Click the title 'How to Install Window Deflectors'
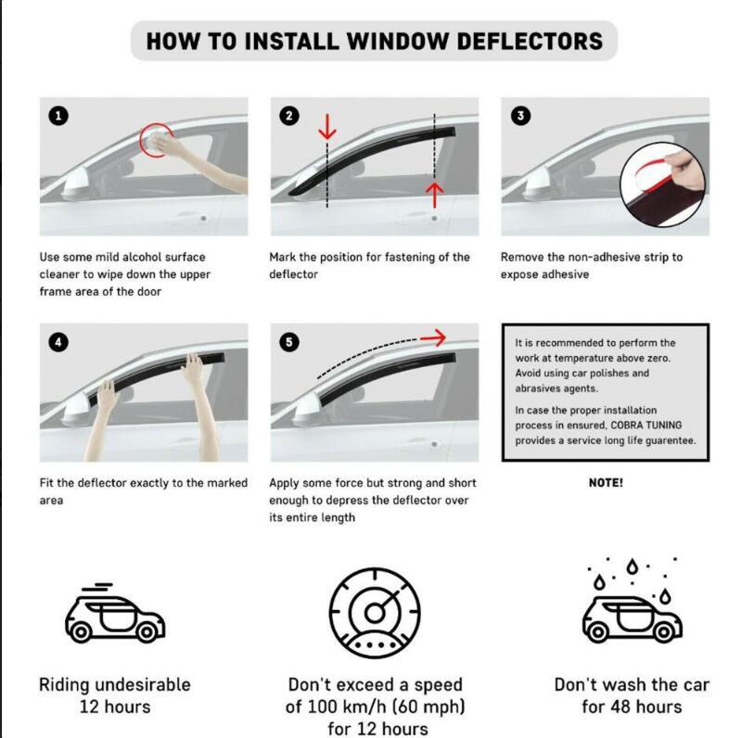(374, 41)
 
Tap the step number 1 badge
(59, 116)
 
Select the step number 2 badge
(290, 116)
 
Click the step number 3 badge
(521, 116)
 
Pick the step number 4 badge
(59, 342)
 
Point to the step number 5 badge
(290, 342)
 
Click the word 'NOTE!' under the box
(606, 483)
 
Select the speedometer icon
(375, 612)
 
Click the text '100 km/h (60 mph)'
(375, 707)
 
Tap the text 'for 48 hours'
(631, 707)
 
